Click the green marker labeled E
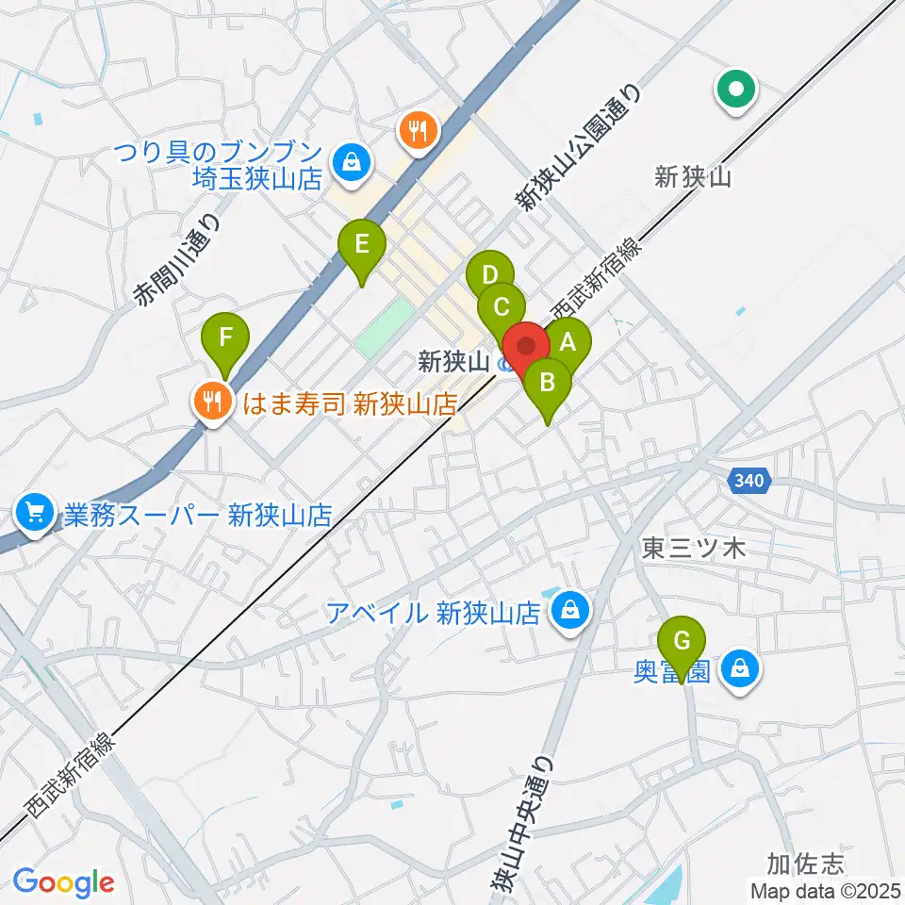click(362, 246)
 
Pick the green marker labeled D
click(489, 276)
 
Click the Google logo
click(63, 881)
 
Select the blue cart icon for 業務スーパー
click(35, 514)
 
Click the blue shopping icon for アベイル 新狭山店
click(569, 612)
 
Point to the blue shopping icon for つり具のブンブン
click(352, 163)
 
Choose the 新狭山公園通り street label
click(579, 146)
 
